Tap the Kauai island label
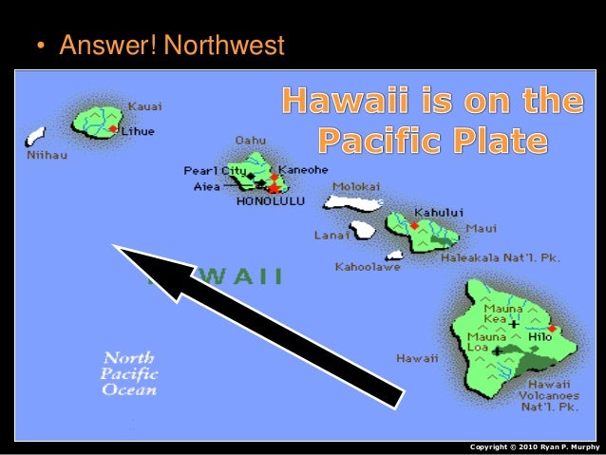pos(144,105)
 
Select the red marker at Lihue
pos(113,129)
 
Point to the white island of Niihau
pos(36,135)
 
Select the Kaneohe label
pos(301,171)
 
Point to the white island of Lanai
pos(363,230)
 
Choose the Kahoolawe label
pos(368,267)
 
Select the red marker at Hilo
pos(552,330)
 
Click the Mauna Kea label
pos(501,314)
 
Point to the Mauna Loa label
pos(480,342)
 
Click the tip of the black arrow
pos(116,248)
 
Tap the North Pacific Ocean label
pos(130,373)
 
